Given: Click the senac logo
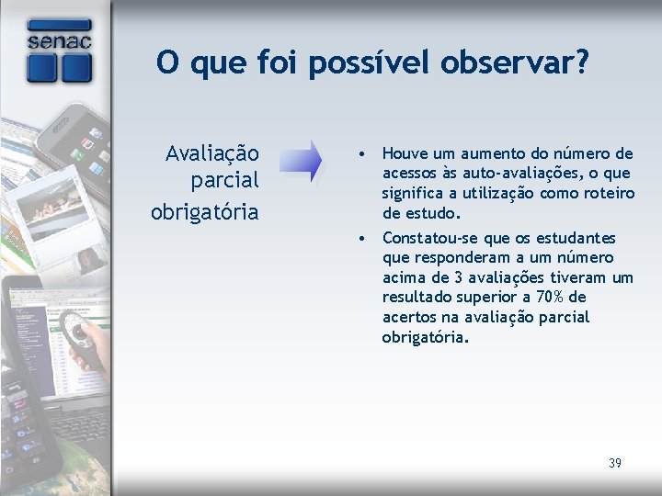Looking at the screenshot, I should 59,51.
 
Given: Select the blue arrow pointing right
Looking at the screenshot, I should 301,161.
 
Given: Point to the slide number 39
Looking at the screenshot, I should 615,463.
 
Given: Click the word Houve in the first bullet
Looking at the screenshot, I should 404,153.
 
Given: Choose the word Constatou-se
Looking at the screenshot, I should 425,238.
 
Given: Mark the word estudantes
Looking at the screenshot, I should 578,238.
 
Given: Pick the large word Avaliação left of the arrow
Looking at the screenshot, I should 211,152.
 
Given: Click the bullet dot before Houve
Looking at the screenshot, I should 365,153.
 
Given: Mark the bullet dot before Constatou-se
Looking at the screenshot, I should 365,238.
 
